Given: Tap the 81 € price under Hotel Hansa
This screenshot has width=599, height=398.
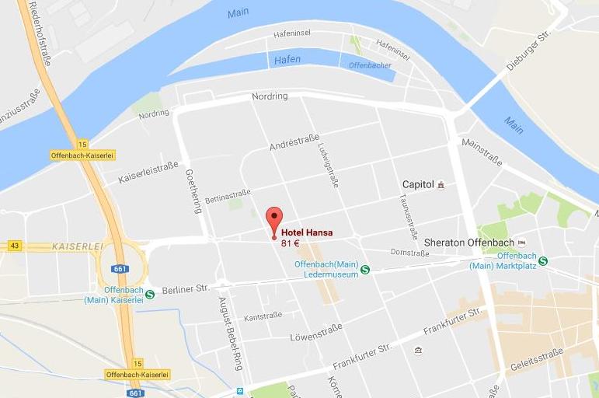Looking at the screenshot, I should [291, 243].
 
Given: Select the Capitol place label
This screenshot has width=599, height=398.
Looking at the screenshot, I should [417, 184].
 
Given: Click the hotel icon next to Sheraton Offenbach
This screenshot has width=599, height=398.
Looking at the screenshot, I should [521, 242].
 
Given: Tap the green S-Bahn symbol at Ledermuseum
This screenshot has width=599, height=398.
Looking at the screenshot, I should [364, 270].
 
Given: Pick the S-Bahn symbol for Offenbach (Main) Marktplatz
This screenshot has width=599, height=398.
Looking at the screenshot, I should [543, 261].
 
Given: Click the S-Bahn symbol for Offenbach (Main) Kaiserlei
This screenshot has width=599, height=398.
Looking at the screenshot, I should [150, 295].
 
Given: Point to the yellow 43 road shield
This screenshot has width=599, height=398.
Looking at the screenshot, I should [14, 246].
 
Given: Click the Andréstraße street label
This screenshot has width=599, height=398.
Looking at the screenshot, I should [294, 145].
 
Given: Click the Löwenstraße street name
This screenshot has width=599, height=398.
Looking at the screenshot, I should [316, 337].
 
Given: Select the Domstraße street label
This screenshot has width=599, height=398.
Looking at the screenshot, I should [409, 253].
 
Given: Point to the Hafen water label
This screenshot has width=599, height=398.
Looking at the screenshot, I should [287, 60].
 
